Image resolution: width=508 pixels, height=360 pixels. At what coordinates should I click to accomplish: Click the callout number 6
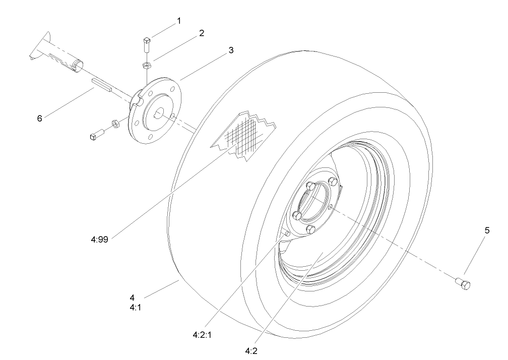point(39,118)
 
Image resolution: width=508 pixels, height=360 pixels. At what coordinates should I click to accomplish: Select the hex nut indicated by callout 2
point(146,65)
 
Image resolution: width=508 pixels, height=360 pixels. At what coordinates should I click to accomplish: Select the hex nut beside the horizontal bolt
point(114,123)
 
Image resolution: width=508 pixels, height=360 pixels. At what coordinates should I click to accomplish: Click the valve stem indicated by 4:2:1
point(285,233)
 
